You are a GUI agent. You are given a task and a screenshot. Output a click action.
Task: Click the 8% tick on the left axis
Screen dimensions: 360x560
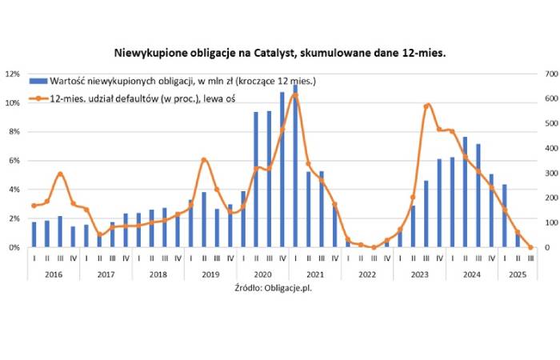14,131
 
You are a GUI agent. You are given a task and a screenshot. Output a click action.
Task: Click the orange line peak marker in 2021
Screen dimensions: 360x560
295,94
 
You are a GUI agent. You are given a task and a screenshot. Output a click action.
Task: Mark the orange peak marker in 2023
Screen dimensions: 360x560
426,106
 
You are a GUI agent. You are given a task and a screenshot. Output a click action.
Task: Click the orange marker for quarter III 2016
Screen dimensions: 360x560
60,174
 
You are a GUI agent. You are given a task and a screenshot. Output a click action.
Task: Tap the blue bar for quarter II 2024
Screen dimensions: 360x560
466,192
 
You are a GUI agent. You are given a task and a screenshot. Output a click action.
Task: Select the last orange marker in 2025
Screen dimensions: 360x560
530,247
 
